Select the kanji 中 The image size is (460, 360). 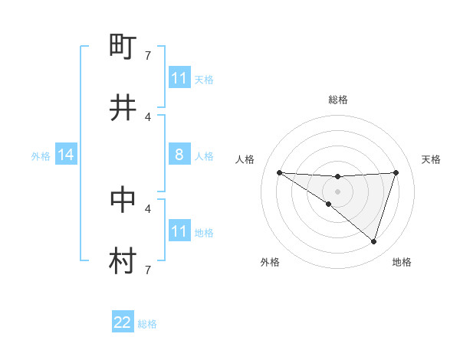pos(123,199)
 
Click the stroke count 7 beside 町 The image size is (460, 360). pos(148,56)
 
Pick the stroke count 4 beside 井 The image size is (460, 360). pos(148,116)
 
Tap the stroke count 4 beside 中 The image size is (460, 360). pos(148,208)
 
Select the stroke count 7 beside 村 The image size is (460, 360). pos(148,269)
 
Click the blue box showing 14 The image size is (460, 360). pos(65,155)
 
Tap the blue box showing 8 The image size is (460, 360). pos(179,155)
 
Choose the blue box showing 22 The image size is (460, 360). pos(123,323)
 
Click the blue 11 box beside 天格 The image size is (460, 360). pos(179,78)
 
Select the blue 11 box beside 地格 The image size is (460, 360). pos(179,231)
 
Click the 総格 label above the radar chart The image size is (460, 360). pos(338,100)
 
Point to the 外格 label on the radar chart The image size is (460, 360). pos(270,262)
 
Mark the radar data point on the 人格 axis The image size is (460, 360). pos(280,172)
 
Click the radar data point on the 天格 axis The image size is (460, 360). pos(396,172)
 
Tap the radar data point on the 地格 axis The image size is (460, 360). pos(374,241)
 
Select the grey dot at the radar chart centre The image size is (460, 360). pos(338,191)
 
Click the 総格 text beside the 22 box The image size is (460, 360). pos(147,324)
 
